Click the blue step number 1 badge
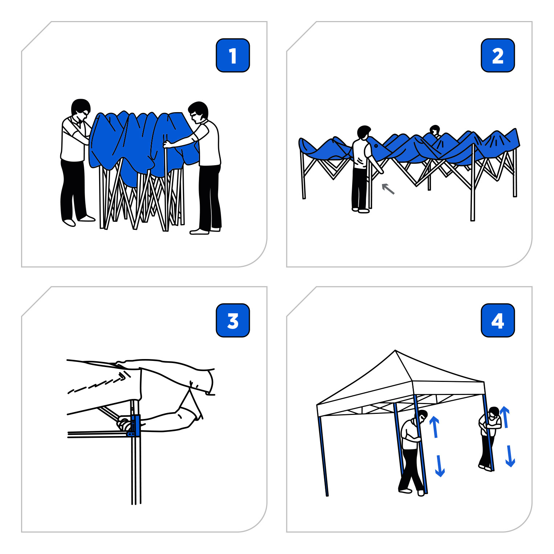(x=233, y=56)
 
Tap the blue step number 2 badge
(x=498, y=56)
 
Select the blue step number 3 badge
(x=233, y=321)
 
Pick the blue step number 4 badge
(x=498, y=321)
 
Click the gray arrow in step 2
(x=388, y=189)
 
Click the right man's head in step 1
(x=199, y=111)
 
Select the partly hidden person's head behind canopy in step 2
(x=435, y=130)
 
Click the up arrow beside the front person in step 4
(x=435, y=427)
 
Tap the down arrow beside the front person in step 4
(x=440, y=466)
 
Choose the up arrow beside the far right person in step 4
(x=505, y=417)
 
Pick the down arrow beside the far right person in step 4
(x=510, y=457)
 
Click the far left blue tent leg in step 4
(x=323, y=456)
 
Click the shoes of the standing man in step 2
(x=360, y=210)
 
